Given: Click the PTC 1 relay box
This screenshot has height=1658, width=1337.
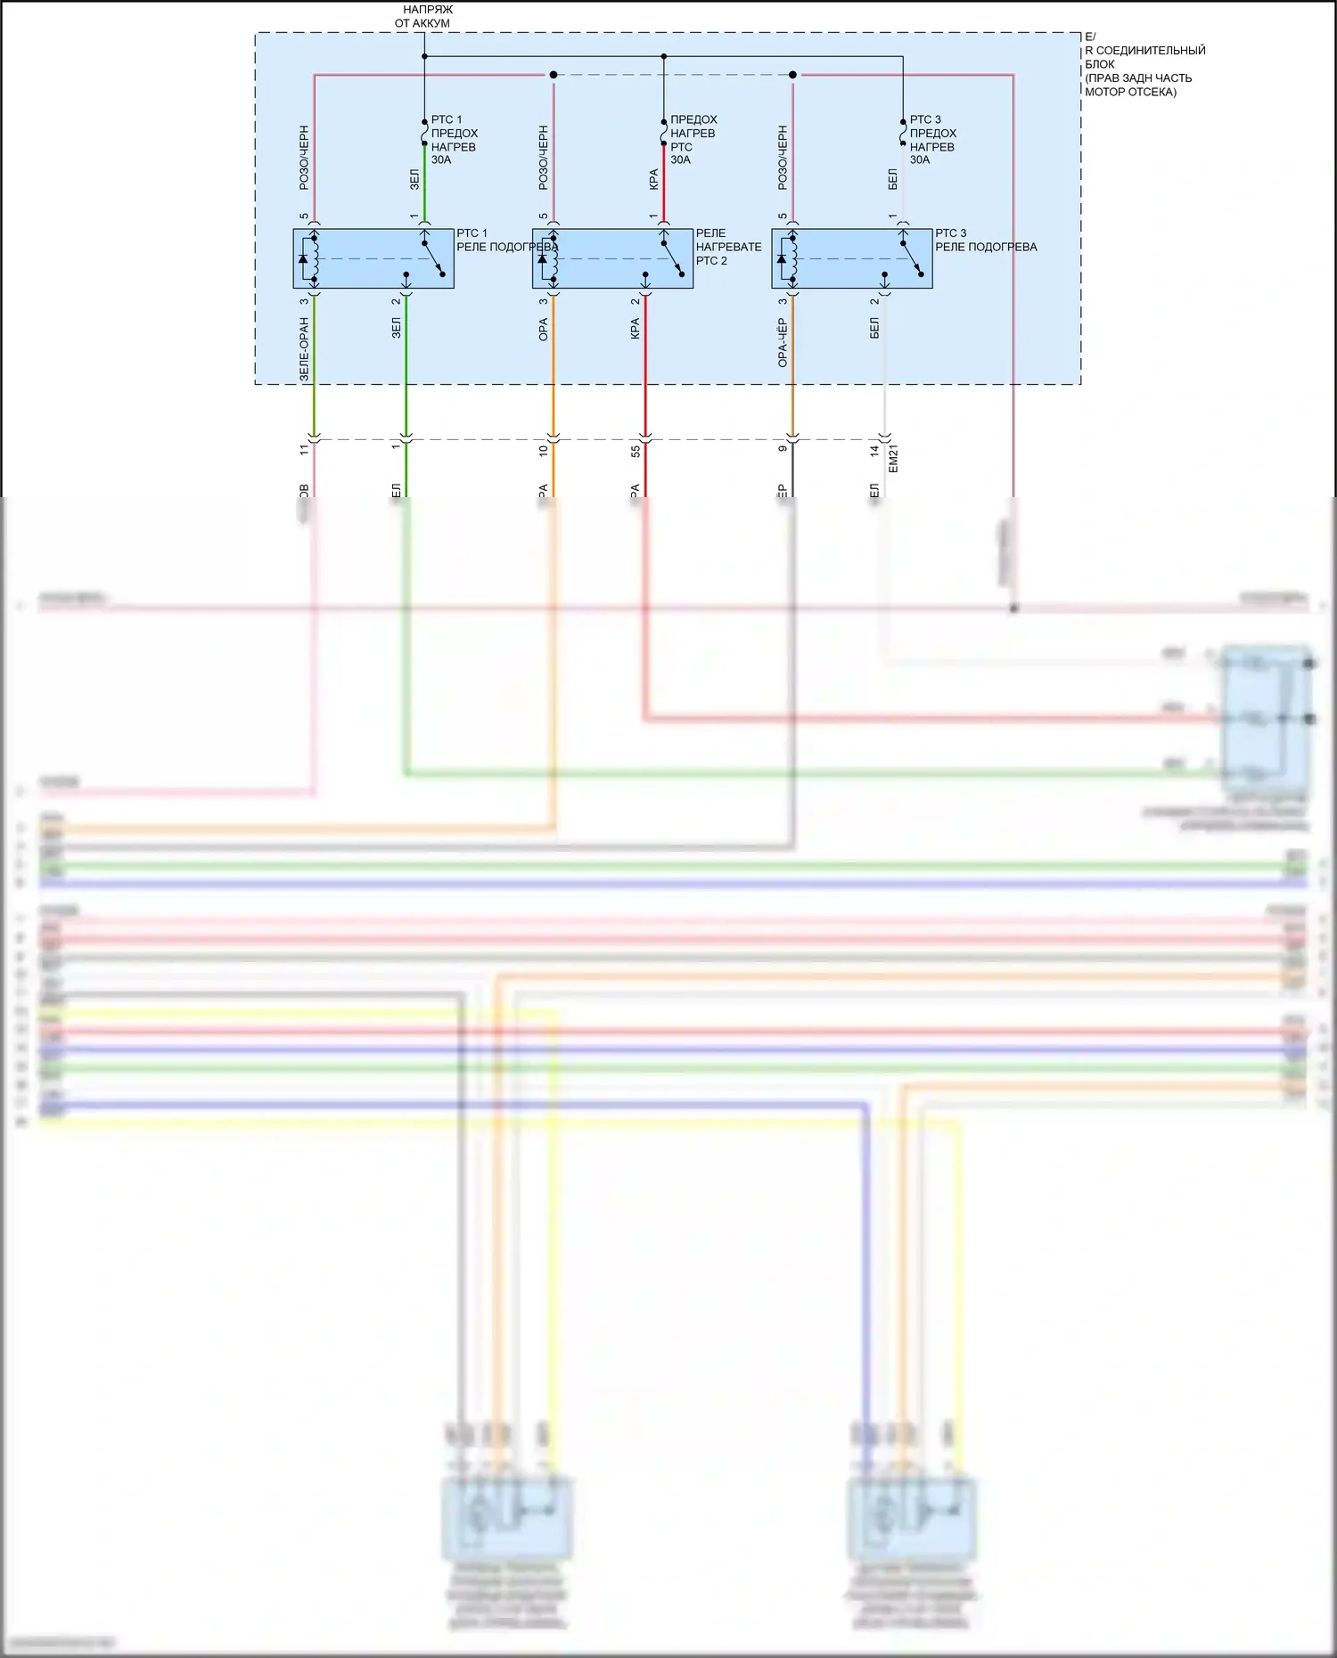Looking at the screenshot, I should click(373, 258).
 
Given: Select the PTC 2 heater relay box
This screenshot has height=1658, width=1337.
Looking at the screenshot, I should click(612, 258).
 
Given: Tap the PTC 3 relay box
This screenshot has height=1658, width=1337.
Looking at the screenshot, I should click(851, 258).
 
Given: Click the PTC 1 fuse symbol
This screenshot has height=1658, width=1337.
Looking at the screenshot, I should click(424, 134).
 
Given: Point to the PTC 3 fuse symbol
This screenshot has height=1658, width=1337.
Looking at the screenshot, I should click(903, 134).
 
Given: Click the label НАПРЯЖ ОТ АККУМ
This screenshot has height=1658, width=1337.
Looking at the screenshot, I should click(424, 16).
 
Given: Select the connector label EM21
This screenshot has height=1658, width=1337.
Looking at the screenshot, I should click(894, 459).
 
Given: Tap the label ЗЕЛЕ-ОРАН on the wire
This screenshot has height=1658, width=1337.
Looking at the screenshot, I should click(304, 349).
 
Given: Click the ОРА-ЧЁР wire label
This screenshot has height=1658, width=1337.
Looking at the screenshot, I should click(783, 342).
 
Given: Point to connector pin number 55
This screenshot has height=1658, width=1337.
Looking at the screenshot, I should click(636, 452).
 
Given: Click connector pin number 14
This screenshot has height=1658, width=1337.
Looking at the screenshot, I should click(874, 452).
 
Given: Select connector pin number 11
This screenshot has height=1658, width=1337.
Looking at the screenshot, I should click(304, 451).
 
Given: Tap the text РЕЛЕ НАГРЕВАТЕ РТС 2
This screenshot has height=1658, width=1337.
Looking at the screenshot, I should click(728, 247).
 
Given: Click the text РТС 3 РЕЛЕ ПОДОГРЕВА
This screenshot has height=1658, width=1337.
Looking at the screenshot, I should click(985, 241).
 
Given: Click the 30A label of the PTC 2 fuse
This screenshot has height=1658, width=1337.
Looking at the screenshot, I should click(680, 160).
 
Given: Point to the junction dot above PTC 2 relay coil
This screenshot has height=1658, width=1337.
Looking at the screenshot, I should click(554, 75).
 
